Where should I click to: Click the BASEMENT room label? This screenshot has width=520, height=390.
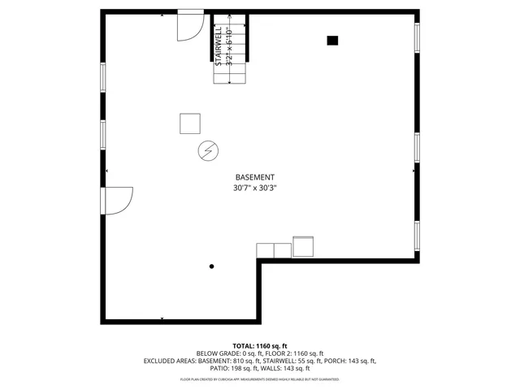click(x=254, y=177)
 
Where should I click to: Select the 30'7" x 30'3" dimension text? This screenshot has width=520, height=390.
click(x=254, y=188)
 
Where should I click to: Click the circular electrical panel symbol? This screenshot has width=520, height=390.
click(x=208, y=150)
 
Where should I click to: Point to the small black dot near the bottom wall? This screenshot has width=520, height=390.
click(x=212, y=266)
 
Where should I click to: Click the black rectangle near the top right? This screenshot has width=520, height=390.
click(x=332, y=40)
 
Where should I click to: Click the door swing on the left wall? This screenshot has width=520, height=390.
click(x=119, y=200)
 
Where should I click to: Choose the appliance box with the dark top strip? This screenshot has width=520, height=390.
click(x=303, y=245)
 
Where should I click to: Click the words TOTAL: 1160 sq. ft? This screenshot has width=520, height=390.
click(x=260, y=345)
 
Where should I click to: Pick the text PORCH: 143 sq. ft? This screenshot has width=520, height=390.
click(x=350, y=361)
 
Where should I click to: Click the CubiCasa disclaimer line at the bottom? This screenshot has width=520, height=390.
click(x=260, y=379)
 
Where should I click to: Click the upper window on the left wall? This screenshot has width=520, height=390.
click(x=102, y=76)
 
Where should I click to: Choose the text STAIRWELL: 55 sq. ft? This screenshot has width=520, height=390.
click(x=288, y=361)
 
